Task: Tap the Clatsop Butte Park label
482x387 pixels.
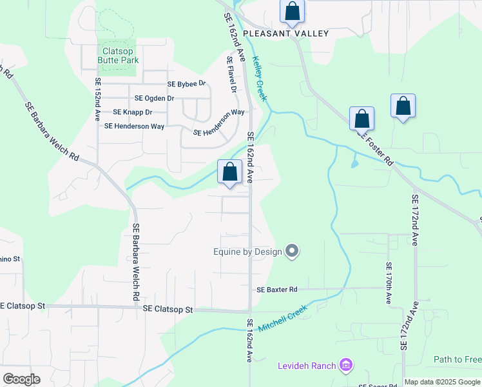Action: [119, 55]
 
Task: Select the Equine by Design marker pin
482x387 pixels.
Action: [292, 251]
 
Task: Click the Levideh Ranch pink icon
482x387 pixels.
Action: [346, 366]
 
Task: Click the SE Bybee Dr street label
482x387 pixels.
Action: [186, 84]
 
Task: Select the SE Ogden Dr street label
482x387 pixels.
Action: [154, 98]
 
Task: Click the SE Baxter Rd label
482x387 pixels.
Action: [277, 290]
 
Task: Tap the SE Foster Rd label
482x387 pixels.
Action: [376, 149]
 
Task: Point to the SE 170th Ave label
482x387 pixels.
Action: [389, 283]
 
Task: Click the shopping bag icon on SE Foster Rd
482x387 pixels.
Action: [362, 119]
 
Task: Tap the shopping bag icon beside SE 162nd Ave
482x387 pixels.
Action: [229, 172]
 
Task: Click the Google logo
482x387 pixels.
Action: [21, 379]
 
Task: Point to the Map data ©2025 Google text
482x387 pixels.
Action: [443, 382]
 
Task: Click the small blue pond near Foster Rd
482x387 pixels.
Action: [354, 163]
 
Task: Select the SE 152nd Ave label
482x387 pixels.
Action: [98, 101]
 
